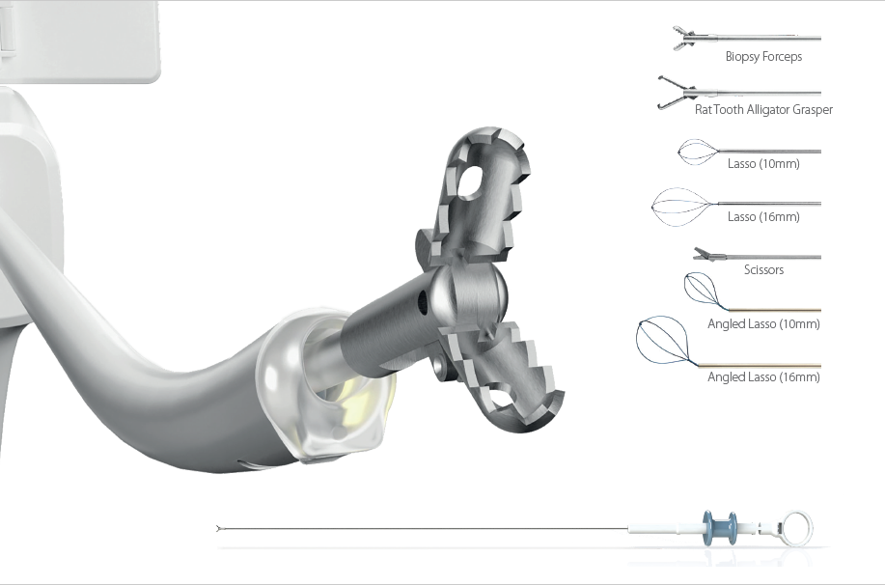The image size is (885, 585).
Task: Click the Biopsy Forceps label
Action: [763, 56]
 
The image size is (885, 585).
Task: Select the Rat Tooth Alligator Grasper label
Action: [763, 109]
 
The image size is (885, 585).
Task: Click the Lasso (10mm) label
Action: [763, 164]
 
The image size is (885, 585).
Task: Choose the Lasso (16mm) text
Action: [763, 217]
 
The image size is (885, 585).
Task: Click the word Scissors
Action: [763, 270]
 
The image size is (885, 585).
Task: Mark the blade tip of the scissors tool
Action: [696, 248]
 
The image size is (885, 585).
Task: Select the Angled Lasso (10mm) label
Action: [763, 324]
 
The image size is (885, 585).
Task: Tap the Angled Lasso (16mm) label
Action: [763, 377]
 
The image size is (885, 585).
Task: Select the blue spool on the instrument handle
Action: [720, 528]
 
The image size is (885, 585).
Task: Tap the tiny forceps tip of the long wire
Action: [219, 529]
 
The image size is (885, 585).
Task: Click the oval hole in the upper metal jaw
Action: [468, 181]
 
